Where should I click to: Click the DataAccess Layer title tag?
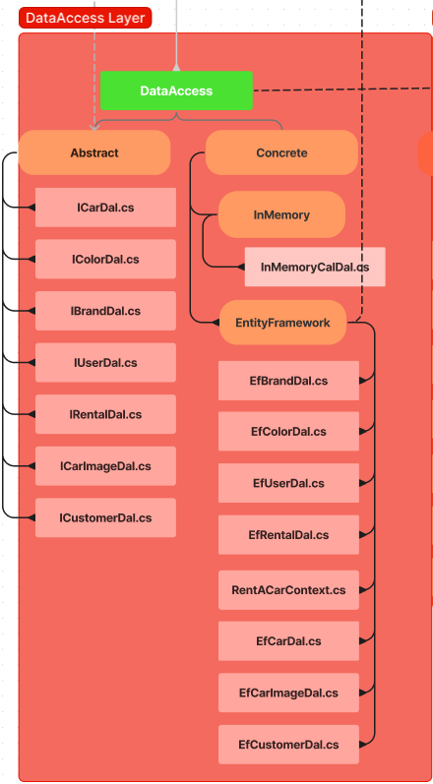pos(85,18)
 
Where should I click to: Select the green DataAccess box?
pos(176,90)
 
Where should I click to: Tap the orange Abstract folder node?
pos(94,152)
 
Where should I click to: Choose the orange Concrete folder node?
pos(281,152)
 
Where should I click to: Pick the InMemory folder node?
pos(281,214)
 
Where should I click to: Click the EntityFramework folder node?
pos(282,323)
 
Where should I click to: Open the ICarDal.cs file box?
pos(105,208)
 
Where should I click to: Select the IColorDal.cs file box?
pos(105,260)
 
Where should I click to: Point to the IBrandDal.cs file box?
pos(105,311)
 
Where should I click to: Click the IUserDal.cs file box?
pos(105,363)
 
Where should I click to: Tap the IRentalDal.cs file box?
pos(105,415)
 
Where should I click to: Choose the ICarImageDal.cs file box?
pos(105,466)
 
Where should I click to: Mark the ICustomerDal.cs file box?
pos(105,517)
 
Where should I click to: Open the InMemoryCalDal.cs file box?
pos(315,267)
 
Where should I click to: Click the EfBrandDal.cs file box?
pos(288,380)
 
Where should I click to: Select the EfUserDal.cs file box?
pos(288,483)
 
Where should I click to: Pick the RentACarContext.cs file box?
pos(288,590)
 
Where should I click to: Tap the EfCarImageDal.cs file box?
pos(288,693)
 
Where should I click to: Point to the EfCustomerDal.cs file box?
pos(288,745)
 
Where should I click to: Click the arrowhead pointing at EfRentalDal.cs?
pos(364,535)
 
